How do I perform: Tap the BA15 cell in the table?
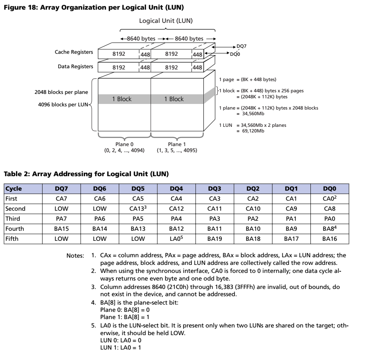(62, 229)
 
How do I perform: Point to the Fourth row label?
(15, 229)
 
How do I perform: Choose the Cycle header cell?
(14, 188)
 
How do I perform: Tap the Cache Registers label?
(74, 52)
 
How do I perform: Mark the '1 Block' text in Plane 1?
(174, 99)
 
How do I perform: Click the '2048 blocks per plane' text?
(61, 92)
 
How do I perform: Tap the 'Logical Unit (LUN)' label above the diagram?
(166, 21)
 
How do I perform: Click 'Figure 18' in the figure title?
(16, 7)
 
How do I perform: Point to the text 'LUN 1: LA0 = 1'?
(120, 346)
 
